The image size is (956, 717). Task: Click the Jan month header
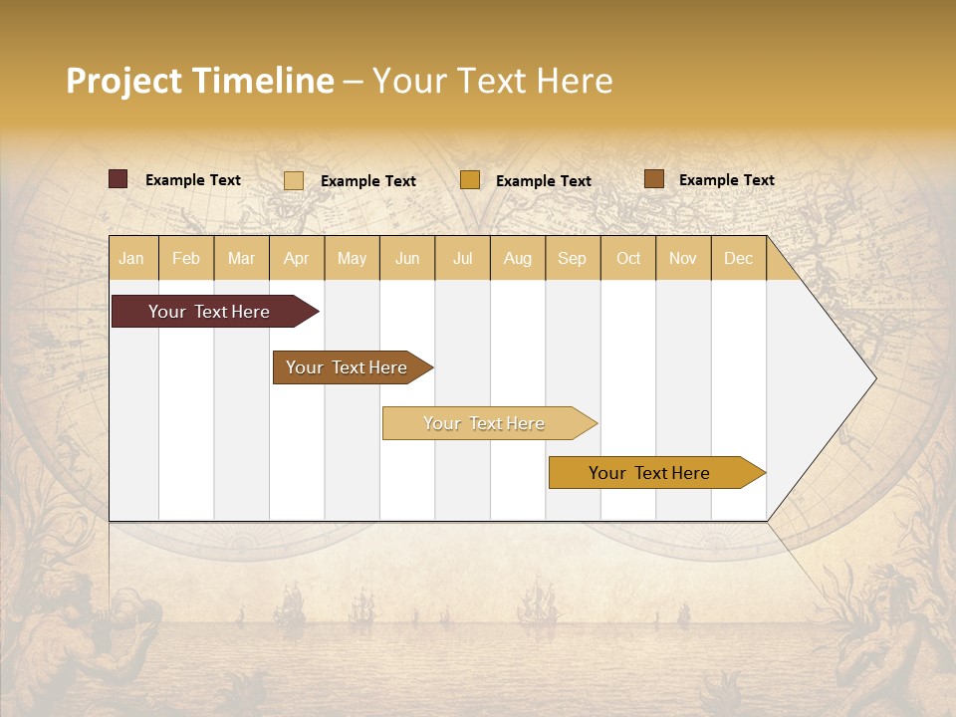[x=132, y=259]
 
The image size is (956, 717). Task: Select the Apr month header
[x=297, y=259]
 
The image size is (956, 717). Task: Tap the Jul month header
[x=463, y=259]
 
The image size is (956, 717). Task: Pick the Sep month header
[x=573, y=259]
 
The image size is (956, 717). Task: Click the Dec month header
[x=739, y=259]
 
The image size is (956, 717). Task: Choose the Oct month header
[x=628, y=259]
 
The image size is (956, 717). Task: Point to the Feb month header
[x=186, y=259]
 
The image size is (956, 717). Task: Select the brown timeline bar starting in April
[x=349, y=367]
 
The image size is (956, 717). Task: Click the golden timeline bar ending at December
[x=652, y=473]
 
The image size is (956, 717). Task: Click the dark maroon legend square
[x=119, y=179]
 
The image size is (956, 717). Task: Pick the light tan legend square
[x=294, y=180]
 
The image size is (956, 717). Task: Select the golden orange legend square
[x=470, y=179]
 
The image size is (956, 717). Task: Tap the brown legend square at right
[x=654, y=178]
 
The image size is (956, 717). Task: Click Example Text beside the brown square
[x=726, y=180]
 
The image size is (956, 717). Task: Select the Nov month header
[x=683, y=259]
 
